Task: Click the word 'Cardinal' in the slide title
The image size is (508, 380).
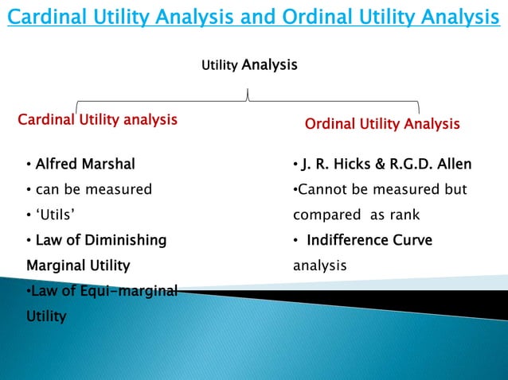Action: coord(47,17)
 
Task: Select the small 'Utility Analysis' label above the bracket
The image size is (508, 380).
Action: coord(248,64)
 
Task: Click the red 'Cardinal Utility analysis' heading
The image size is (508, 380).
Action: coord(97,120)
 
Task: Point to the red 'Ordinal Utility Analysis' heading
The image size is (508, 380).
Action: coord(382,124)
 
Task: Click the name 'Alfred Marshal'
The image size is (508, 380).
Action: coord(84,165)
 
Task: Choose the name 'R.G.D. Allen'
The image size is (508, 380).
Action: coord(430,165)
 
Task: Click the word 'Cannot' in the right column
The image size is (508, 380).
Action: coord(318,190)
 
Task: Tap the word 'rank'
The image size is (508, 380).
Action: coord(403,215)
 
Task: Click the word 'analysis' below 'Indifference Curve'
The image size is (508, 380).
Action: coord(320,265)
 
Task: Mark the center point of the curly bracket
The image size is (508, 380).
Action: coord(248,97)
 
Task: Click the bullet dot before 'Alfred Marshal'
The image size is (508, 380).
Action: coord(29,165)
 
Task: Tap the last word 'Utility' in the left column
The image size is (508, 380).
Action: coord(46,316)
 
